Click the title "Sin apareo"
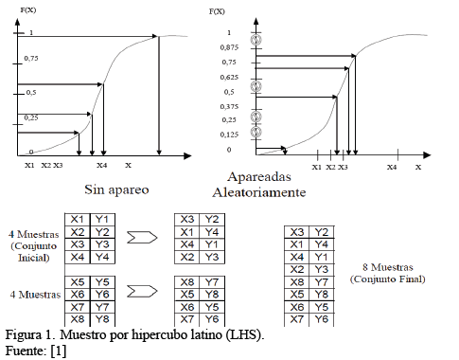point(115,189)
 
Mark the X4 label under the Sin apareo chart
point(102,165)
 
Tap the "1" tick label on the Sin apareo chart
point(31,33)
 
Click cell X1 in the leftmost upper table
point(77,219)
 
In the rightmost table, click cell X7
point(296,320)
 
